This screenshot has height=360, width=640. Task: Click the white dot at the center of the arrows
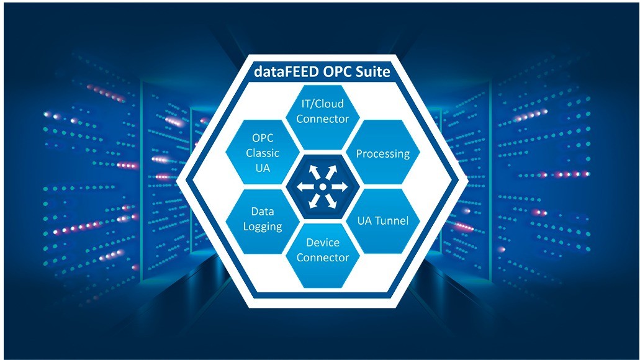click(322, 187)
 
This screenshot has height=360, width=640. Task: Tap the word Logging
click(263, 227)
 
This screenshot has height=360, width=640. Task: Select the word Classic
click(263, 153)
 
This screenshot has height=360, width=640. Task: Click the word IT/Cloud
click(322, 104)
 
